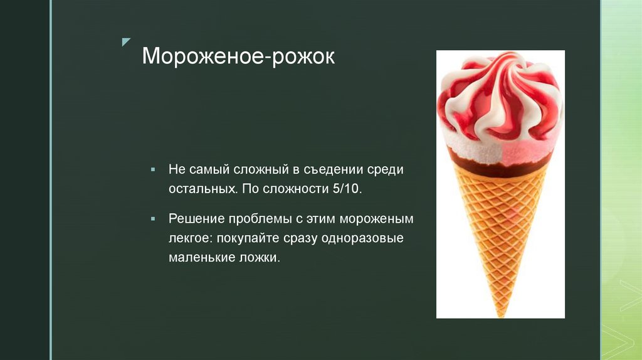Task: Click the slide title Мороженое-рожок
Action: (x=238, y=57)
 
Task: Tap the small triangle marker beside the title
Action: (x=127, y=42)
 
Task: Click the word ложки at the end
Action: (x=259, y=258)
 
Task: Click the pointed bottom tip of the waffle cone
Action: (x=498, y=313)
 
